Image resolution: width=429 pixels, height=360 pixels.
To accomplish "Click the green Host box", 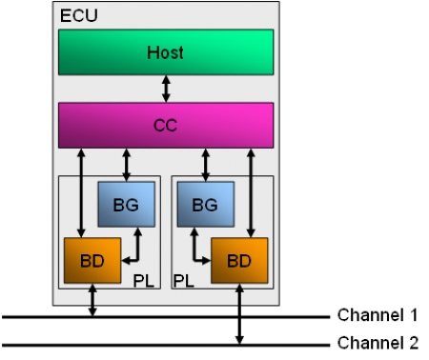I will pos(166,51).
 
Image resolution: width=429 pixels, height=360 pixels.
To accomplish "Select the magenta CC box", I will pos(166,124).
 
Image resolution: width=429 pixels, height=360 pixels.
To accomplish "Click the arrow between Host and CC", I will pos(167,89).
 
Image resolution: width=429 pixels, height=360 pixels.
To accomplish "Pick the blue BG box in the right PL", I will pos(205,205).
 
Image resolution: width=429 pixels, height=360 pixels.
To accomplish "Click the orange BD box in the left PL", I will pos(92,260).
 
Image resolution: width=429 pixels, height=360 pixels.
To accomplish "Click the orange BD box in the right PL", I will pos(239,260).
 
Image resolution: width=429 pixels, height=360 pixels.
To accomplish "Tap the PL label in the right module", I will pos(183,282).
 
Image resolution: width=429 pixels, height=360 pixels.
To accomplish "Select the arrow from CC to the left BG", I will pos(127,164).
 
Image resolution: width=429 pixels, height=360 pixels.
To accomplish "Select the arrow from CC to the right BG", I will pos(205,164).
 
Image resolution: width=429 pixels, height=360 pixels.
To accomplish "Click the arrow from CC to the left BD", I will pos(82,190).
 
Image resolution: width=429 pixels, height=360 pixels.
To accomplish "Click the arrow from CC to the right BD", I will pos(251,190).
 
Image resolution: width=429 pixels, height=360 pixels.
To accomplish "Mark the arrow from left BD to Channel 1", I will pos(92,299).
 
